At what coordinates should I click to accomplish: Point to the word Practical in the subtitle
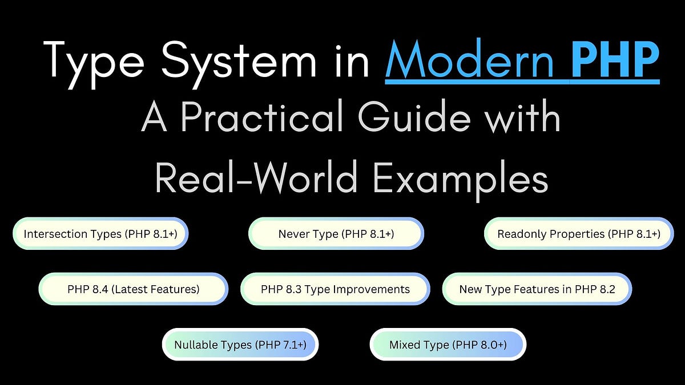coord(268,118)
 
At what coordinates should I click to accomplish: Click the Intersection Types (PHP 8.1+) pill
coord(100,234)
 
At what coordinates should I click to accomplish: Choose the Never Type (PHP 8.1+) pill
coord(336,234)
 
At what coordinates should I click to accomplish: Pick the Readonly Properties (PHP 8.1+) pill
coord(579,234)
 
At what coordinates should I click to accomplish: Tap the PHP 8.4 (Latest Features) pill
coord(133,289)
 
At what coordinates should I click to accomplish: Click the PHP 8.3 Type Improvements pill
coord(335,289)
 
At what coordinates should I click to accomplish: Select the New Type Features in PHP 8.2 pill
coord(537,289)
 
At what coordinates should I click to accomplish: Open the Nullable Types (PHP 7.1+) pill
coord(240,345)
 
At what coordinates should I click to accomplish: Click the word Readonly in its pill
coord(519,234)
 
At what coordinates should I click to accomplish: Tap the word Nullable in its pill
coord(196,345)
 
